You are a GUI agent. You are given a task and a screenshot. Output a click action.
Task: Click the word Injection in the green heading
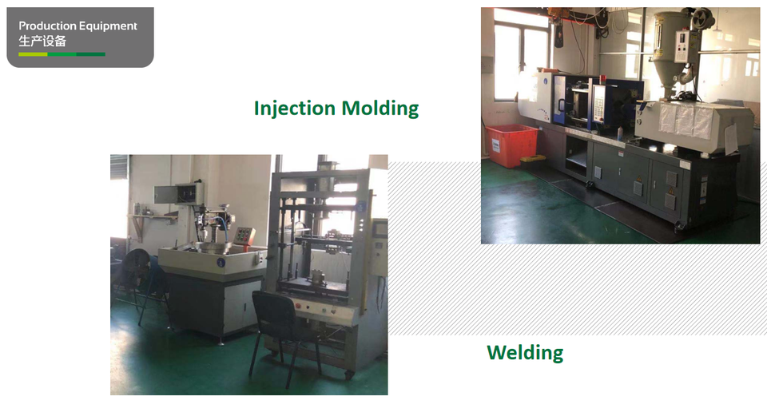click(x=295, y=109)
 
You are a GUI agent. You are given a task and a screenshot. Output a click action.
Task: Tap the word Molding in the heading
click(x=380, y=109)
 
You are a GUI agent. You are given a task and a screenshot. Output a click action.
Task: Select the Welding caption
click(x=525, y=352)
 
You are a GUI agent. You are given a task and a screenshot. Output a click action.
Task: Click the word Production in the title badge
click(x=47, y=26)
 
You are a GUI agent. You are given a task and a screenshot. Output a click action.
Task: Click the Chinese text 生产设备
click(x=42, y=41)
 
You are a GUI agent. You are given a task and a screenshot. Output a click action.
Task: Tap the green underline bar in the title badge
click(x=62, y=54)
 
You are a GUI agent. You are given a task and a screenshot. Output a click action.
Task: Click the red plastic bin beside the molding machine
click(x=511, y=145)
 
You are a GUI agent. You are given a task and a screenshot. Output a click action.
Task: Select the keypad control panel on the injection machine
click(x=598, y=105)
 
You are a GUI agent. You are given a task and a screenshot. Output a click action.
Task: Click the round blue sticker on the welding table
click(x=221, y=263)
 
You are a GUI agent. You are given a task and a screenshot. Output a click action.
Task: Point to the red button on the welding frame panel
click(x=298, y=306)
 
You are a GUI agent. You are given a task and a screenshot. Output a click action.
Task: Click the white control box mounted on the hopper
click(x=682, y=46)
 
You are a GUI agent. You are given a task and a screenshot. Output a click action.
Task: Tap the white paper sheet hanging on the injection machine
click(x=731, y=138)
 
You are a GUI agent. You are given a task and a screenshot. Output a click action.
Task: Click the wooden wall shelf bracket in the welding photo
click(x=138, y=225)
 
